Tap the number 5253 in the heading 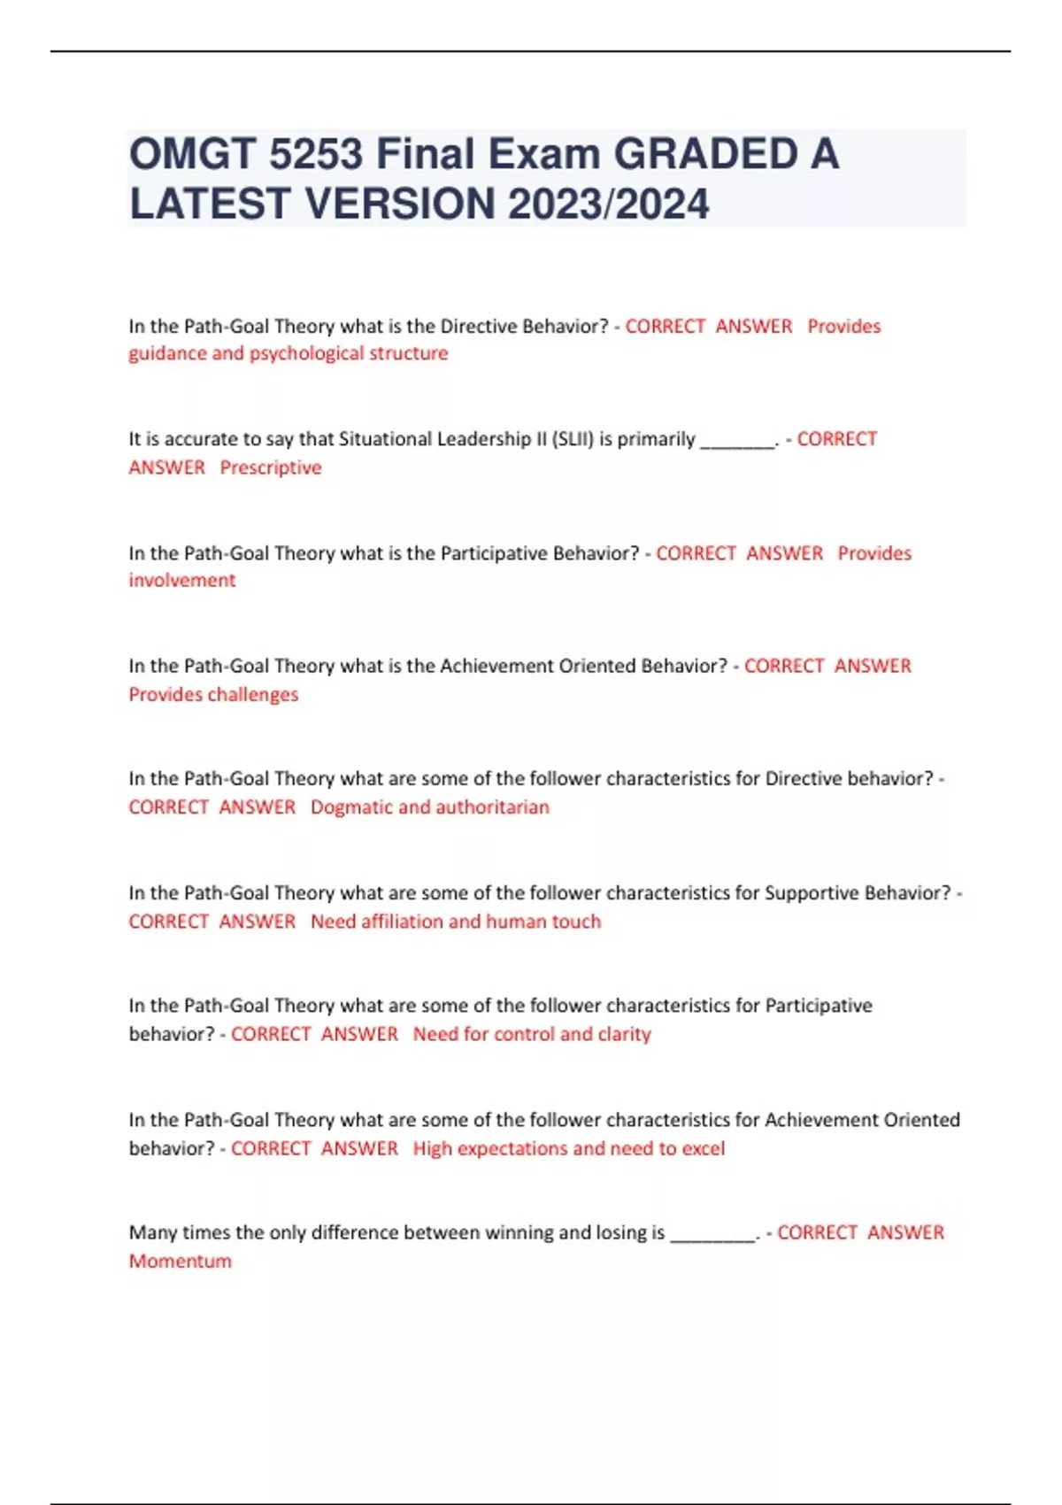coord(315,155)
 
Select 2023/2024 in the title coord(609,205)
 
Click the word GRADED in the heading coord(706,155)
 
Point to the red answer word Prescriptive coord(271,467)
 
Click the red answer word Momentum coord(180,1261)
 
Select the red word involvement coord(182,581)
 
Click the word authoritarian coord(492,807)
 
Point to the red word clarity coord(624,1034)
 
